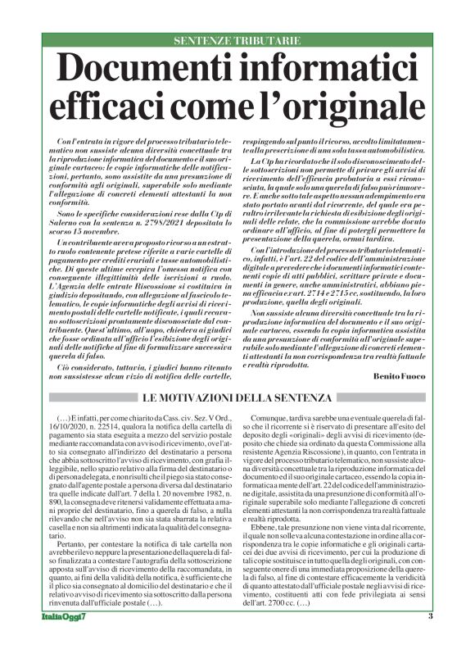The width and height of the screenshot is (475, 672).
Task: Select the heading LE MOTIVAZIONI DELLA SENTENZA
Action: tap(237, 397)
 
